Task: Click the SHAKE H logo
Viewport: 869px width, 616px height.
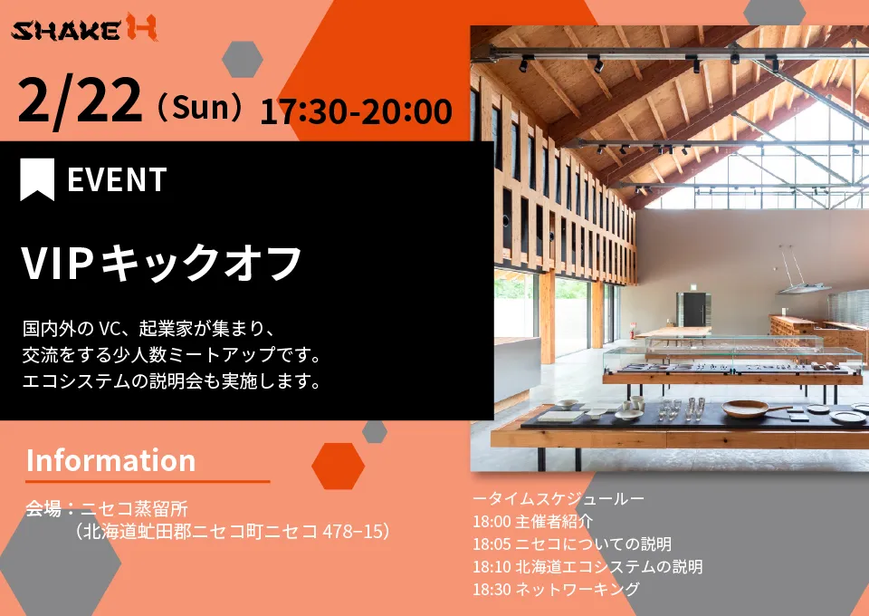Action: point(84,28)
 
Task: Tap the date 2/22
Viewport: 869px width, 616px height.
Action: point(80,101)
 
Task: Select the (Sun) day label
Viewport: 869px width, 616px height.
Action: point(199,107)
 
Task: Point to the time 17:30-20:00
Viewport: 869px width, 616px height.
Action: point(356,111)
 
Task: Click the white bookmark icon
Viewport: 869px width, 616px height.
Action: point(37,179)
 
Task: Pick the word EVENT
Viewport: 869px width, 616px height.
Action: point(117,179)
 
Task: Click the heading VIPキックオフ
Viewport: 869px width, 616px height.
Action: point(162,262)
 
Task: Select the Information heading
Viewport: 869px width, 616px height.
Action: point(110,460)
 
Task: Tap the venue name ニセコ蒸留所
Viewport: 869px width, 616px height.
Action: point(135,508)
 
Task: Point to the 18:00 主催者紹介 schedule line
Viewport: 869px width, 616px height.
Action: point(532,521)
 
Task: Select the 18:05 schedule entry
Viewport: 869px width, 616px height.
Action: point(572,544)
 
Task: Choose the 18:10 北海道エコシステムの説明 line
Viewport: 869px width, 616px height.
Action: point(587,567)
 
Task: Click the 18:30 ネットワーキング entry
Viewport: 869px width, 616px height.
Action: point(556,589)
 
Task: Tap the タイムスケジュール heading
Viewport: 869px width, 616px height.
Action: point(559,498)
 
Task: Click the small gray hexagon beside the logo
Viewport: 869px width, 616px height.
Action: point(243,59)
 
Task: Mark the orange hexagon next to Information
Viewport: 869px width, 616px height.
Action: point(338,466)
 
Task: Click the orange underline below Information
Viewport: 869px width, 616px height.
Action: point(148,481)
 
